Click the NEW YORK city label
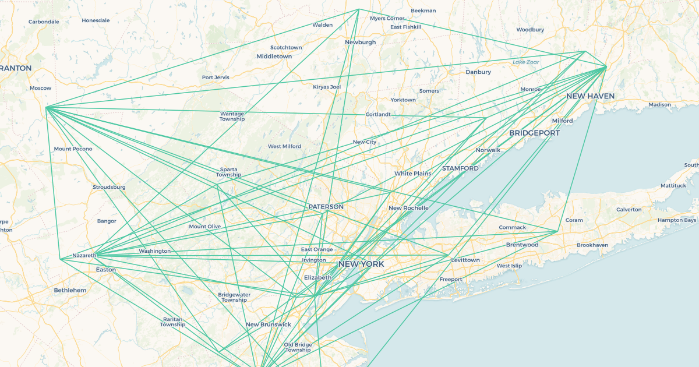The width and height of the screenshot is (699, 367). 361,264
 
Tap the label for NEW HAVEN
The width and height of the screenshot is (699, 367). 590,96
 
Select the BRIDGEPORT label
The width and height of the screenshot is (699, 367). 534,133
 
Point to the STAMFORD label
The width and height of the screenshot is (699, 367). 460,168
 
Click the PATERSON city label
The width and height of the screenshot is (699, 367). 326,207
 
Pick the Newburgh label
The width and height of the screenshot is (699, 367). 360,42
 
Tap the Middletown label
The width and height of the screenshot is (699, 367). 274,57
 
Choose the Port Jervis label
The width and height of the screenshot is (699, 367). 216,77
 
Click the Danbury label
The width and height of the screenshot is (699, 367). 478,72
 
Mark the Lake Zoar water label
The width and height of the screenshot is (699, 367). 525,62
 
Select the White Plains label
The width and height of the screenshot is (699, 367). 412,174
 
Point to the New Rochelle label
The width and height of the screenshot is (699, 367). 408,208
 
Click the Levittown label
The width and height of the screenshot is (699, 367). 465,260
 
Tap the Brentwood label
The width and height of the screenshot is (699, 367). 522,245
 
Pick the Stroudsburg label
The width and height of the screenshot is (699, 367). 109,187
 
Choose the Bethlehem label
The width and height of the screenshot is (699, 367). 70,290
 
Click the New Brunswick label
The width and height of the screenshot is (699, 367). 268,324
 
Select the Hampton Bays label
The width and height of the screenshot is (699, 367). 676,220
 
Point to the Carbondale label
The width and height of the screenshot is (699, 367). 44,22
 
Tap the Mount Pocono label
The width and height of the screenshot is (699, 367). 73,149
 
